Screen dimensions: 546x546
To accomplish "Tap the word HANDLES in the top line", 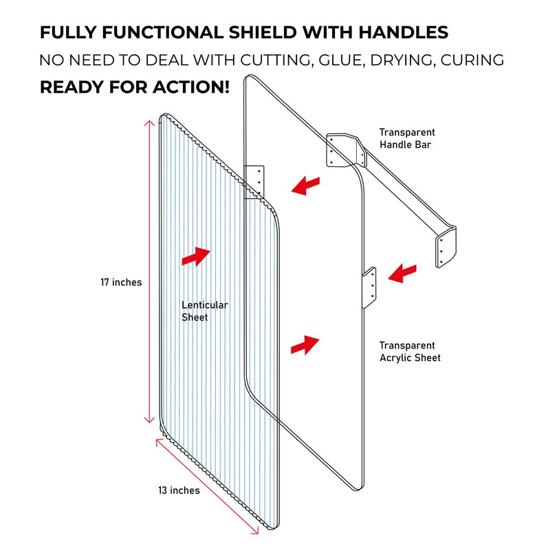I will (x=407, y=32).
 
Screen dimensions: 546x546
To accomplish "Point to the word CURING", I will (x=469, y=60).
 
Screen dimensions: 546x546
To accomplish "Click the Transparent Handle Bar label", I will (x=407, y=138).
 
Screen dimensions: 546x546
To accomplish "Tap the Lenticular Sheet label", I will (x=204, y=311).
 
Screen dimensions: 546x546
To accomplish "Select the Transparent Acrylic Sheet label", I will (x=410, y=351).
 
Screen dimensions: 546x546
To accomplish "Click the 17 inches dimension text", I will (x=121, y=282).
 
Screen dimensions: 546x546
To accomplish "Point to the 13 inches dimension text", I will (x=179, y=490).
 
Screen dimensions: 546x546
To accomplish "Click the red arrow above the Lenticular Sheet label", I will (x=196, y=256).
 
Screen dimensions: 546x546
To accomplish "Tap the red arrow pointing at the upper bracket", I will (x=305, y=185).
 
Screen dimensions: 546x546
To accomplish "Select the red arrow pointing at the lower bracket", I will (x=402, y=274).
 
